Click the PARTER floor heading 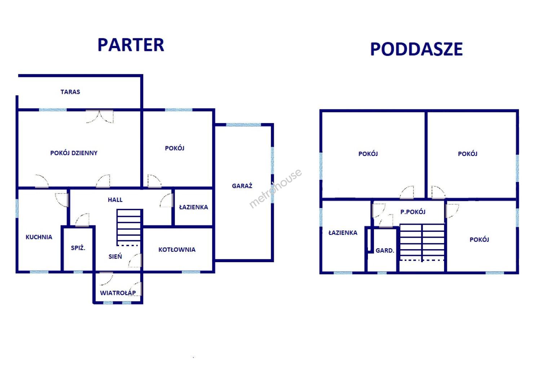131,45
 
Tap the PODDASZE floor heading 416,49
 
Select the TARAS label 70,92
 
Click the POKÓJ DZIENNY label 74,153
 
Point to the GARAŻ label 242,186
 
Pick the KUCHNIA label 39,237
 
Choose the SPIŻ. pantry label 78,248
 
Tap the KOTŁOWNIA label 177,250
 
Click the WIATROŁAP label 118,293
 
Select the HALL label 115,200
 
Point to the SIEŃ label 115,256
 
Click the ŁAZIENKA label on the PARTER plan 193,207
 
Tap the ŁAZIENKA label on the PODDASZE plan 343,233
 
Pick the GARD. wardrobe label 384,251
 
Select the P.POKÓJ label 413,212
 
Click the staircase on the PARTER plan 129,227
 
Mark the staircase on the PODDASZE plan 422,243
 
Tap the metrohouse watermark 275,188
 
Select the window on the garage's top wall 243,125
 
